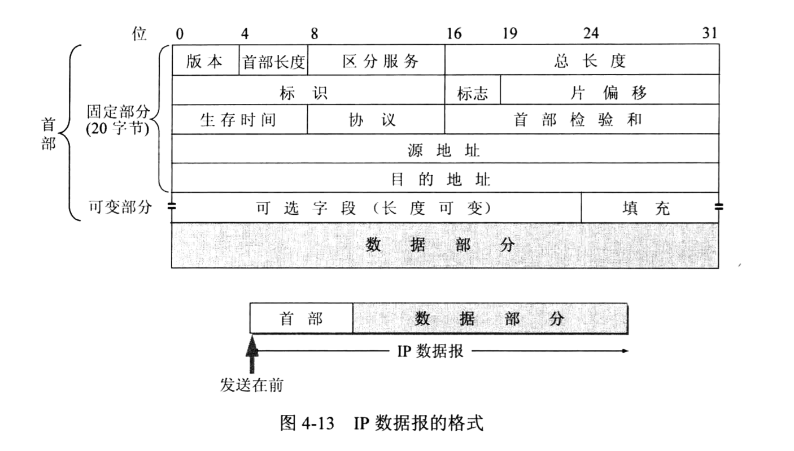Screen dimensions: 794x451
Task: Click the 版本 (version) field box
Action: point(206,60)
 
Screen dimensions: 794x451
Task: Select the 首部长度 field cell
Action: point(274,60)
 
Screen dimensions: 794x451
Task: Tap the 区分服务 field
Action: point(377,60)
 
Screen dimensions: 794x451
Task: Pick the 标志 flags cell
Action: point(473,90)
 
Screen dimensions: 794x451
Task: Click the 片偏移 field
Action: point(610,90)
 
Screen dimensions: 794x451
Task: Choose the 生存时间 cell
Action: point(240,119)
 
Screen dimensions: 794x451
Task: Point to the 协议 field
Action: point(377,119)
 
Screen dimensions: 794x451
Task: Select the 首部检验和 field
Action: point(582,119)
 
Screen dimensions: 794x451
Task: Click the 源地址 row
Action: point(446,149)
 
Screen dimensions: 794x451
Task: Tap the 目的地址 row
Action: point(446,178)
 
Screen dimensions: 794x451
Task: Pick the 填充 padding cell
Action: point(650,208)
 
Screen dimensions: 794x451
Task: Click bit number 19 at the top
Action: point(510,34)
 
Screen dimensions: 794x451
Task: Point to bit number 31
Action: point(710,33)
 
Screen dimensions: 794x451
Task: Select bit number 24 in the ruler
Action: point(591,33)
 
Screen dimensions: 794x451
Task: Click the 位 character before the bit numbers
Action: point(139,34)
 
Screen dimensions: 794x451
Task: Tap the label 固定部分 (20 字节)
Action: point(118,120)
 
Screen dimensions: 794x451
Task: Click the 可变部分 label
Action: point(120,207)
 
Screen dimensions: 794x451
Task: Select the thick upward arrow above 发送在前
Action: point(252,354)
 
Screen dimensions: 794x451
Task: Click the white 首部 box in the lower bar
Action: point(302,318)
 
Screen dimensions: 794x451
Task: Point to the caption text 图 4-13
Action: point(307,423)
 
